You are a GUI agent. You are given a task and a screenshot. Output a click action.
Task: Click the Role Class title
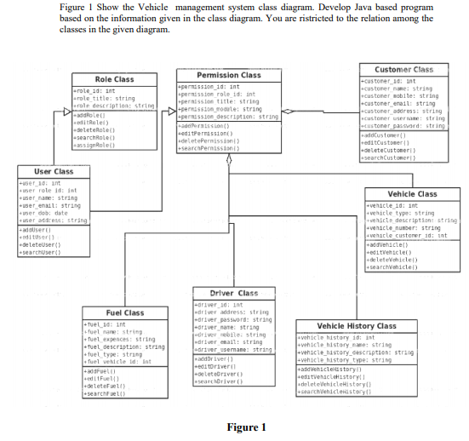click(x=114, y=79)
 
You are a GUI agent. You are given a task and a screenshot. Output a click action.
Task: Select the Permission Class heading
click(x=228, y=75)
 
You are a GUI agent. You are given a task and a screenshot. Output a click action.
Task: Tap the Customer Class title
click(x=404, y=69)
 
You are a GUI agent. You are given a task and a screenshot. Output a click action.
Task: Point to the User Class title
click(x=53, y=171)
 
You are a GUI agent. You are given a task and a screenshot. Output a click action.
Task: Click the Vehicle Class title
click(x=412, y=194)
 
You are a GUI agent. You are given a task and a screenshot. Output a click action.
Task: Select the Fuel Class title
click(x=124, y=313)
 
